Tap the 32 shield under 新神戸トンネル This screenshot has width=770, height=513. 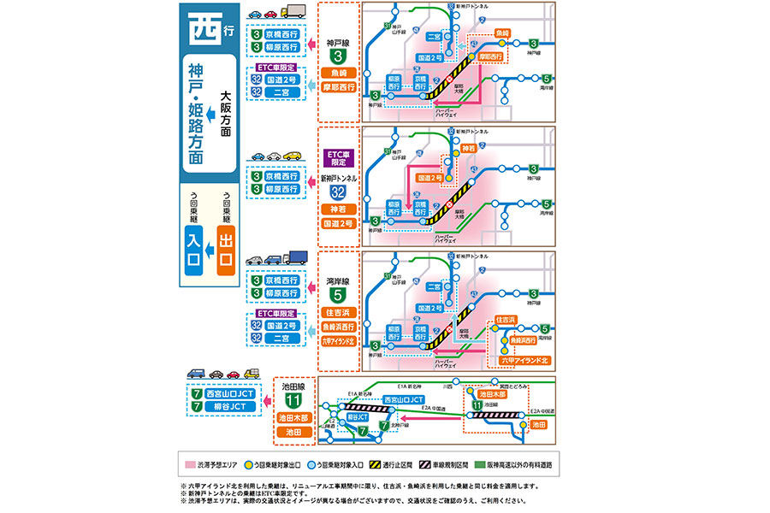[338, 192]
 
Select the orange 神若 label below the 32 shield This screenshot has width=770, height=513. [338, 209]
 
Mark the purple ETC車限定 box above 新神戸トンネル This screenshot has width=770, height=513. [338, 158]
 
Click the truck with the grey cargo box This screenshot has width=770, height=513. [293, 12]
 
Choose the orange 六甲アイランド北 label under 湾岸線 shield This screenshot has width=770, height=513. [338, 341]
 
